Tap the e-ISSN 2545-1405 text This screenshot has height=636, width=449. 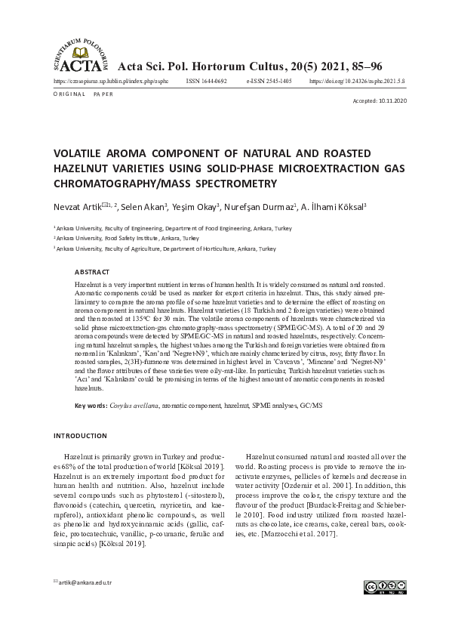[269, 79]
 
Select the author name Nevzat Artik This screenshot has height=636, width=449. [75, 206]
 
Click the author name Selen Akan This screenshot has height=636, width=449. [143, 206]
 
